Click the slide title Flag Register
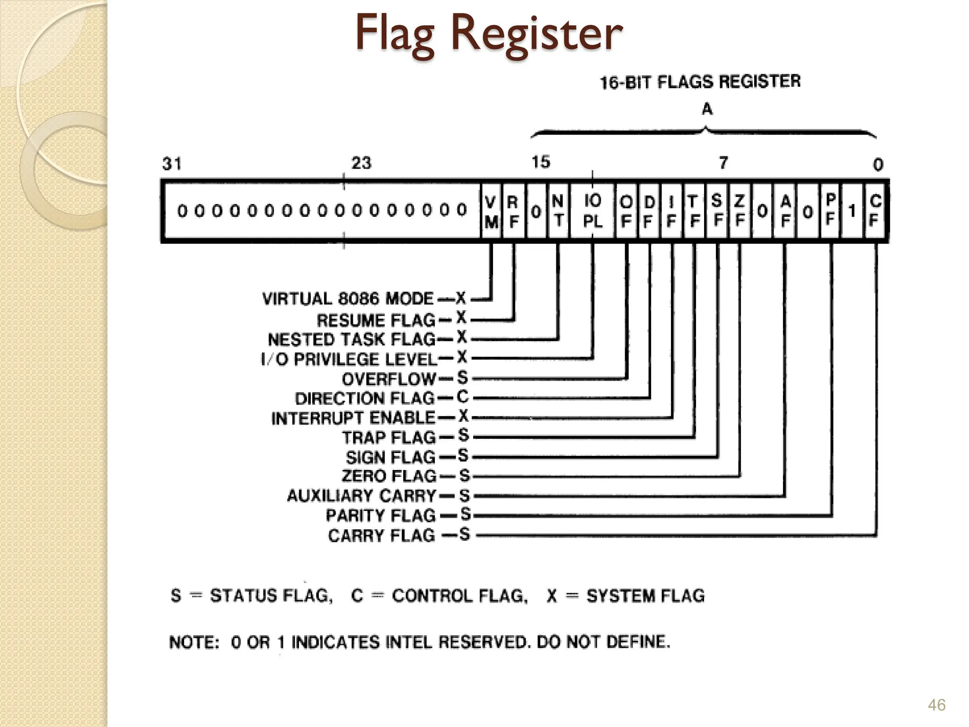pos(488,33)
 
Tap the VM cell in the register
pos(492,212)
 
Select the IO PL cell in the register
pos(592,211)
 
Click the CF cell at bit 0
pos(875,211)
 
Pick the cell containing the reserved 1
pos(852,211)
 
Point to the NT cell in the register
pos(558,211)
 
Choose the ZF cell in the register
pos(740,211)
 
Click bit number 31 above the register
pos(172,164)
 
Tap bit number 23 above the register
pos(361,163)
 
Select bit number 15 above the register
pos(541,162)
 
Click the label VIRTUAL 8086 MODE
pos(348,299)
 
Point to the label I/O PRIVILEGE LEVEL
pos(349,359)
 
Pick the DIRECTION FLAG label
pos(364,399)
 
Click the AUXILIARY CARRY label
pos(361,496)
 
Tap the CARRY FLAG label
pos(381,535)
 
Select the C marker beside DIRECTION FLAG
pos(463,397)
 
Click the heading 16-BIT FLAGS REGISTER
pos(700,82)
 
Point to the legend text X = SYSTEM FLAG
pos(625,595)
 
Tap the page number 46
pos(936,705)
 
